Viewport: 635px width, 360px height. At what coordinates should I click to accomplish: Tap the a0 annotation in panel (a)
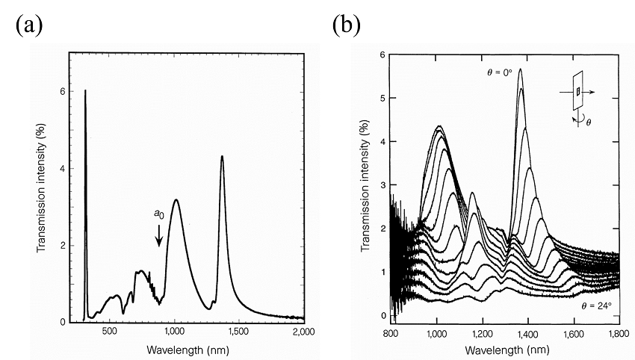[159, 214]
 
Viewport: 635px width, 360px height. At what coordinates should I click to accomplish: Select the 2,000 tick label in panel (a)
[303, 331]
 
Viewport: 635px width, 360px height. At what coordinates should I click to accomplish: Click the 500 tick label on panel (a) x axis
[110, 331]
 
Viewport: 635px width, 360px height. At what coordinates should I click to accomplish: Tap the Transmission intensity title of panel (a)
[43, 187]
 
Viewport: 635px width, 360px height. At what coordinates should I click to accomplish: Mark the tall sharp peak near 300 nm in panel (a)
[85, 93]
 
